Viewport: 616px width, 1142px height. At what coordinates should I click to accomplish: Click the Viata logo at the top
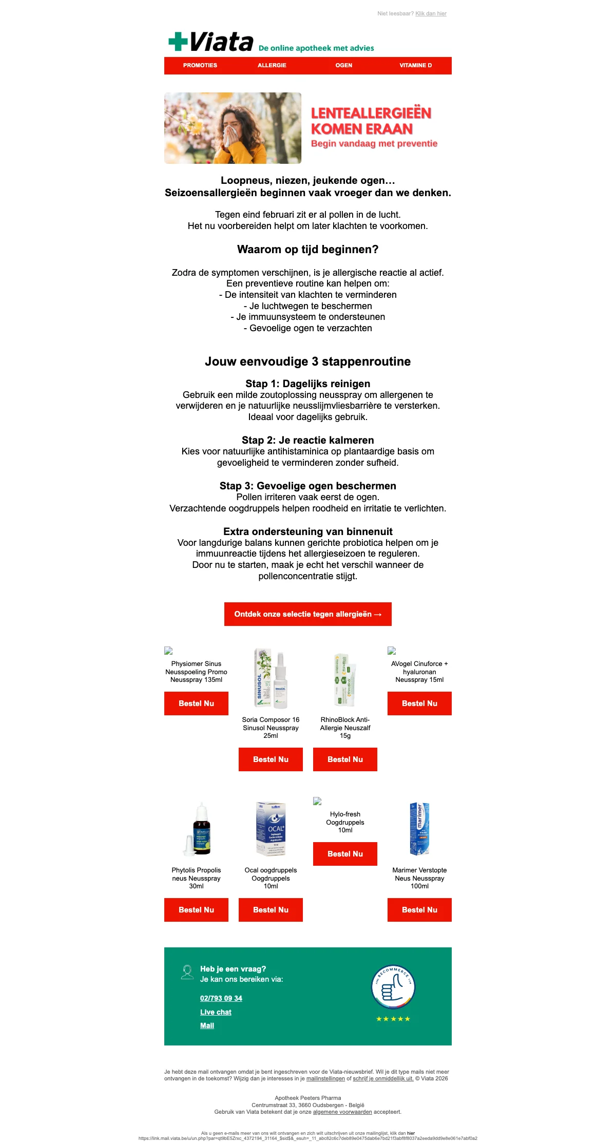pyautogui.click(x=211, y=42)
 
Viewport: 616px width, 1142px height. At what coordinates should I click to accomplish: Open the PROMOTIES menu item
pyautogui.click(x=200, y=66)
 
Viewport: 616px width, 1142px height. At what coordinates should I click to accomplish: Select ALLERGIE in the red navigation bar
pyautogui.click(x=272, y=66)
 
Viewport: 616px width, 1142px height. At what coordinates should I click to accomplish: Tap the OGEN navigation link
pyautogui.click(x=344, y=66)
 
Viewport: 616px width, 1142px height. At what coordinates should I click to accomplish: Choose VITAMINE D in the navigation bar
pyautogui.click(x=416, y=66)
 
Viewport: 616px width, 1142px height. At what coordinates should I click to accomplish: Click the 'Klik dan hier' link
pyautogui.click(x=431, y=14)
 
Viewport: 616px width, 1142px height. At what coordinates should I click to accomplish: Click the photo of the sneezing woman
pyautogui.click(x=233, y=128)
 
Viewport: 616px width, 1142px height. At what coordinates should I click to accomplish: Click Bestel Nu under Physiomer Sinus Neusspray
pyautogui.click(x=196, y=703)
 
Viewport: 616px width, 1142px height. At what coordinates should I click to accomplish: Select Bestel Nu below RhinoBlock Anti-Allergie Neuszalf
pyautogui.click(x=345, y=759)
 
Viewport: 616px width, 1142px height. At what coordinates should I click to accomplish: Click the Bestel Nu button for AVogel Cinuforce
pyautogui.click(x=419, y=703)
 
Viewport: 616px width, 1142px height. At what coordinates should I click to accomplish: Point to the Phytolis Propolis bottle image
pyautogui.click(x=197, y=829)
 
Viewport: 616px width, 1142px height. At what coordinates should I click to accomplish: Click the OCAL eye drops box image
pyautogui.click(x=271, y=829)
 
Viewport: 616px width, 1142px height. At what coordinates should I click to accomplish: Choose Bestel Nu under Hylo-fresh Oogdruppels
pyautogui.click(x=345, y=854)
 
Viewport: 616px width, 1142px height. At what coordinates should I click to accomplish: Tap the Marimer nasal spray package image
pyautogui.click(x=419, y=829)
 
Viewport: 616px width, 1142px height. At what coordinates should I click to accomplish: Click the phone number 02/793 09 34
pyautogui.click(x=221, y=998)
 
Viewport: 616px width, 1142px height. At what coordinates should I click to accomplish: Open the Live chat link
pyautogui.click(x=216, y=1012)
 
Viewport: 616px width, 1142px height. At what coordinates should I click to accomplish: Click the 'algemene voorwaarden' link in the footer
pyautogui.click(x=342, y=1112)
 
